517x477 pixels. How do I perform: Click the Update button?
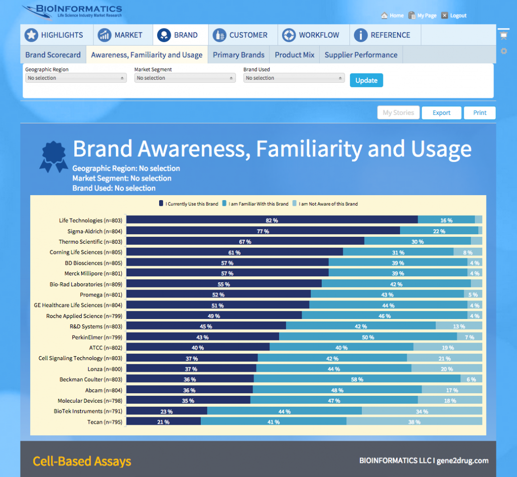click(366, 80)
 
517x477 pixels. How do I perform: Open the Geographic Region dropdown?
click(75, 78)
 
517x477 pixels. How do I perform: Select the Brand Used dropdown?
click(294, 78)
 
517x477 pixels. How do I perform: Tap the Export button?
click(441, 113)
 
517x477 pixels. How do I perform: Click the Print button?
click(479, 113)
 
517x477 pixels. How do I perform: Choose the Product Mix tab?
click(295, 55)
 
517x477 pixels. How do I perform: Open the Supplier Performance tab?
click(361, 55)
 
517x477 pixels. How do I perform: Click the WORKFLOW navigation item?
click(311, 35)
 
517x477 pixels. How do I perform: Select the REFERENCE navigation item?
click(382, 35)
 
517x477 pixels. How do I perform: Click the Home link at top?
click(392, 16)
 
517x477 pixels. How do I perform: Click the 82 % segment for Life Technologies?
click(272, 220)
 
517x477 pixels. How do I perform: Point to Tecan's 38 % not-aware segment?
click(414, 422)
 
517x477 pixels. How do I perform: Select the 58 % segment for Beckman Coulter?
click(357, 380)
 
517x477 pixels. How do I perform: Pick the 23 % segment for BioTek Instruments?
click(167, 411)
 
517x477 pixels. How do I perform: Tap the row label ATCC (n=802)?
click(105, 348)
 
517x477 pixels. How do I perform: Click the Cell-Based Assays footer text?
click(82, 461)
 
